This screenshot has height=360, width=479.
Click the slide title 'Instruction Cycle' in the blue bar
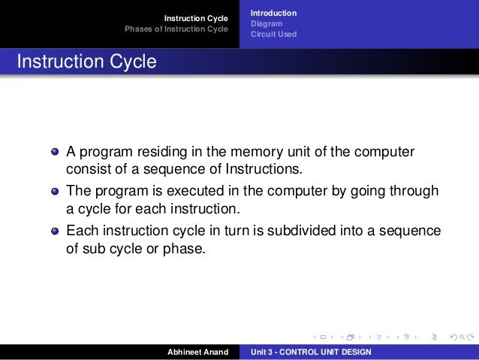coord(86,62)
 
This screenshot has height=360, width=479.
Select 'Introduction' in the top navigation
coord(273,13)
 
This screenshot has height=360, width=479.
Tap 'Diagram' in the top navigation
coord(267,23)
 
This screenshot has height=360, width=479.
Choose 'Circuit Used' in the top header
coord(273,34)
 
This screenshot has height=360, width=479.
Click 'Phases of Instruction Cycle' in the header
coord(176,29)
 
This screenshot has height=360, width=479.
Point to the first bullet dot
coord(55,152)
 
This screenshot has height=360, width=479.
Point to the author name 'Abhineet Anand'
coord(197,352)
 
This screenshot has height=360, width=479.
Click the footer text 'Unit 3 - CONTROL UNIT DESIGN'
coord(311,352)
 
